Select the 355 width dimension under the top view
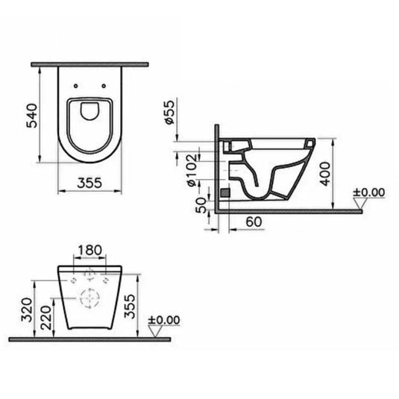click(89, 181)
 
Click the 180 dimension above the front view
click(89, 249)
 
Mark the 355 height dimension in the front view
click(131, 305)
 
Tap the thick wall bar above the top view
click(89, 66)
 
